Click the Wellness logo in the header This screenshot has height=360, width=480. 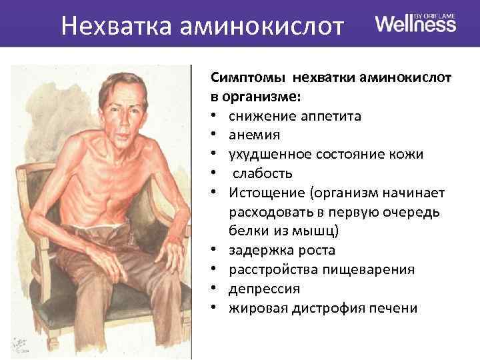(415, 25)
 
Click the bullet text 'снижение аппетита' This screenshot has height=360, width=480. (295, 117)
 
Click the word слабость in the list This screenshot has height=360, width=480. (263, 173)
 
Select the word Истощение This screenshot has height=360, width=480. (261, 193)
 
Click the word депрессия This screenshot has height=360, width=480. (264, 289)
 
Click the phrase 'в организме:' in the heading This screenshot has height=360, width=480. (255, 97)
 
